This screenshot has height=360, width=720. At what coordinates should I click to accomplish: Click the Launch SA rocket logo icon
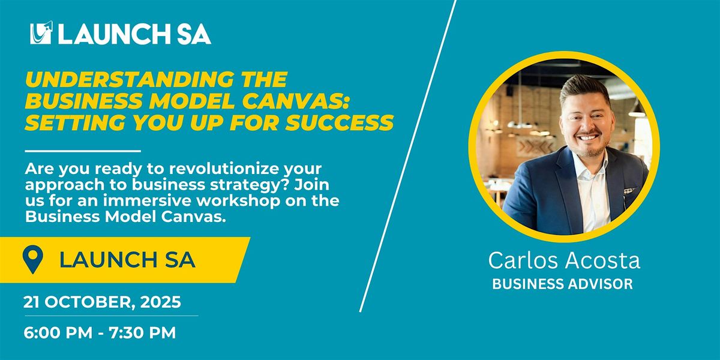(41, 32)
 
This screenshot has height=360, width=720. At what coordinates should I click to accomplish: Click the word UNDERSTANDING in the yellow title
(130, 79)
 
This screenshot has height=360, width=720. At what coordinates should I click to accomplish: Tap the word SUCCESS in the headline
(340, 122)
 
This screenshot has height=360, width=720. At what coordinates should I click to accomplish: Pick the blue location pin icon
(33, 260)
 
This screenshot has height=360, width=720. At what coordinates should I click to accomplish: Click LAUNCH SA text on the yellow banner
(127, 260)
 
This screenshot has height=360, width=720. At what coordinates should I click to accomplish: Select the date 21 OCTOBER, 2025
(102, 302)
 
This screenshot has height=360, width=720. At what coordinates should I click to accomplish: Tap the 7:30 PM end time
(142, 332)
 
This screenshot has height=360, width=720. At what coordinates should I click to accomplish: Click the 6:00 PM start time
(58, 332)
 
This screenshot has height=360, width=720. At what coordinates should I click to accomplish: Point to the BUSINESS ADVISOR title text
(563, 284)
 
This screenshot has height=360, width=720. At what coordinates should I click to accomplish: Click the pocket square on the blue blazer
(629, 191)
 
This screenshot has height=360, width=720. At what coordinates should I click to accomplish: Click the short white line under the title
(83, 151)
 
